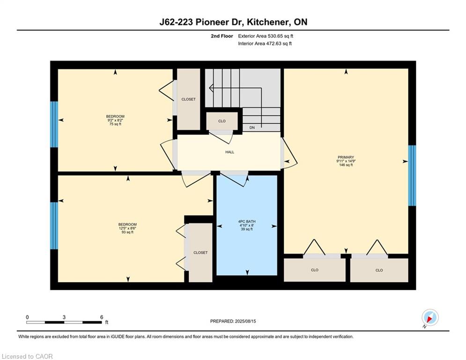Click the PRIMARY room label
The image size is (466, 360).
(346, 157)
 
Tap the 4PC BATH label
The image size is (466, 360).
(247, 221)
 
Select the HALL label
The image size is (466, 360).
(229, 152)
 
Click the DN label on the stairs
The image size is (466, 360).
(252, 127)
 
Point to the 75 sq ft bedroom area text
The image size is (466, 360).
(115, 124)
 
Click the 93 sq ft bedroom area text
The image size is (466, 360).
(127, 232)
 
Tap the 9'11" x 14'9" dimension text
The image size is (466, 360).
(346, 161)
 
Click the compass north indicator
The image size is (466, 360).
(430, 318)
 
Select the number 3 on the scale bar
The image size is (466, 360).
(64, 317)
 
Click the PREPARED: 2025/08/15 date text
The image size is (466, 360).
(233, 321)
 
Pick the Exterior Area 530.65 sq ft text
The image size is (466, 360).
(266, 36)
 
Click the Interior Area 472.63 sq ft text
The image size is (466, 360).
(265, 44)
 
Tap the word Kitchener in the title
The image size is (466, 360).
(269, 22)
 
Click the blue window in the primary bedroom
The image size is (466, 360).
(412, 175)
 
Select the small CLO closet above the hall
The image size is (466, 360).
(222, 121)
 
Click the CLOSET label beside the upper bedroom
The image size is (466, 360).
(188, 99)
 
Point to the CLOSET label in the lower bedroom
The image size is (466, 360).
(200, 253)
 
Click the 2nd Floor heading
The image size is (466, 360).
(222, 36)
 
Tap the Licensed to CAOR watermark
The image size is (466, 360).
(27, 356)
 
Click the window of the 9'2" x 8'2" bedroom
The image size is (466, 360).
(54, 124)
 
